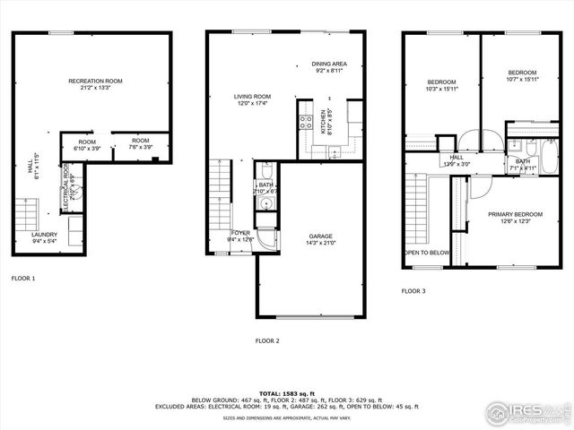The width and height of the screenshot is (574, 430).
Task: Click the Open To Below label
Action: point(427,253)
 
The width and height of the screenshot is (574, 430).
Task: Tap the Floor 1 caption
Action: point(23,279)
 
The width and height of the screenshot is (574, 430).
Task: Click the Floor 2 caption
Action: point(267,340)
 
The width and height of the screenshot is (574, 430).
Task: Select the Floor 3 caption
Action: point(413,291)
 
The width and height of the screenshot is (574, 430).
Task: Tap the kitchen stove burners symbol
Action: point(305,123)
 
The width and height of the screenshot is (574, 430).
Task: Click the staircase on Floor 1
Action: point(26,216)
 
